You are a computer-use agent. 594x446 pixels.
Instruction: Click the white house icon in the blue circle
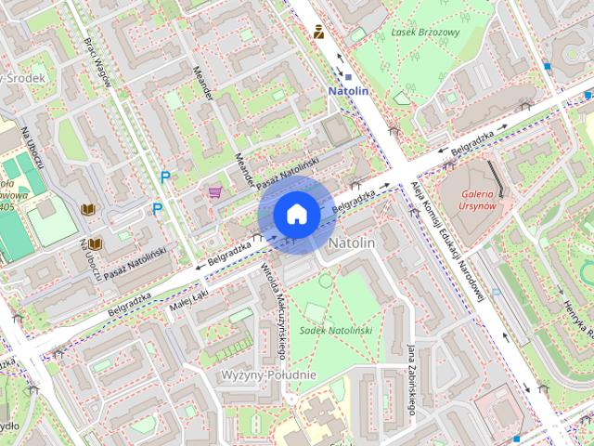pos(295,215)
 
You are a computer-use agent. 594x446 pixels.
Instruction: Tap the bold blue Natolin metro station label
pos(349,91)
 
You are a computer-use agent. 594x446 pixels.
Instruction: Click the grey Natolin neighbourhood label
pos(352,243)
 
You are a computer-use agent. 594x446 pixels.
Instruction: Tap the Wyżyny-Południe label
pos(269,374)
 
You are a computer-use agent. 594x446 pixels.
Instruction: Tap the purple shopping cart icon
pos(216,192)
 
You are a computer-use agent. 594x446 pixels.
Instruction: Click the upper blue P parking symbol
pos(166,177)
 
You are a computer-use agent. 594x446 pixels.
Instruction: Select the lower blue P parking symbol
pos(157,209)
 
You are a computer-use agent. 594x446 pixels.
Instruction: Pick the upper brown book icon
pos(88,210)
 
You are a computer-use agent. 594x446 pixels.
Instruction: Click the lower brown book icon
pos(95,243)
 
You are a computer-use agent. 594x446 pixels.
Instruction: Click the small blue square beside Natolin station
pos(348,77)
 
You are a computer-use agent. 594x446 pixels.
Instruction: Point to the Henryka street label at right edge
pos(575,307)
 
